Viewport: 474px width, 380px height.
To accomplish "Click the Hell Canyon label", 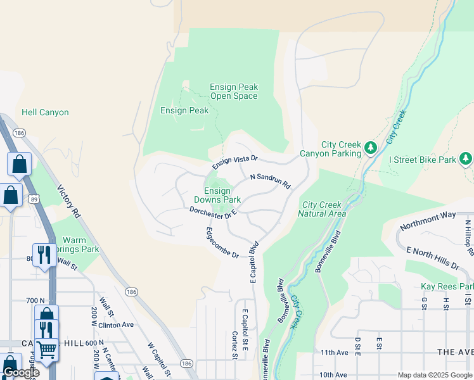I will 45,113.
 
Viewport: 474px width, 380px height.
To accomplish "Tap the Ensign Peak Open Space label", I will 234,92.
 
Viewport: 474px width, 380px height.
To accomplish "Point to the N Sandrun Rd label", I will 270,182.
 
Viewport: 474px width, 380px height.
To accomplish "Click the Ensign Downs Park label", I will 217,195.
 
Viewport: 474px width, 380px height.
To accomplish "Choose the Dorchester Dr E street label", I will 214,213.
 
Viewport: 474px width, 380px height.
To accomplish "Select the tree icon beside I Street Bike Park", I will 466,158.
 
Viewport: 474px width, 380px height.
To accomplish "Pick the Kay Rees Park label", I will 447,287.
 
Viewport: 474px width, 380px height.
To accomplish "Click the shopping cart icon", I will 46,349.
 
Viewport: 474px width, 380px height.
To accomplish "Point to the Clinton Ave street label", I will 117,325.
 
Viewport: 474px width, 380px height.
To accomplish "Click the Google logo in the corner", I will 22,372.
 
